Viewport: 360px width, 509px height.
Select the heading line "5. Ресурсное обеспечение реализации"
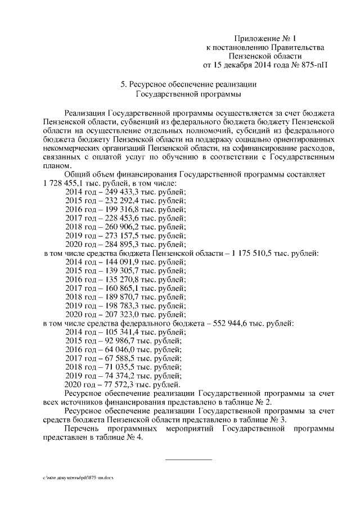click(x=188, y=84)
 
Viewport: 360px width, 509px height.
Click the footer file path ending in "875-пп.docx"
click(x=78, y=478)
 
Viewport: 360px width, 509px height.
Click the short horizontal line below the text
click(x=188, y=460)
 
